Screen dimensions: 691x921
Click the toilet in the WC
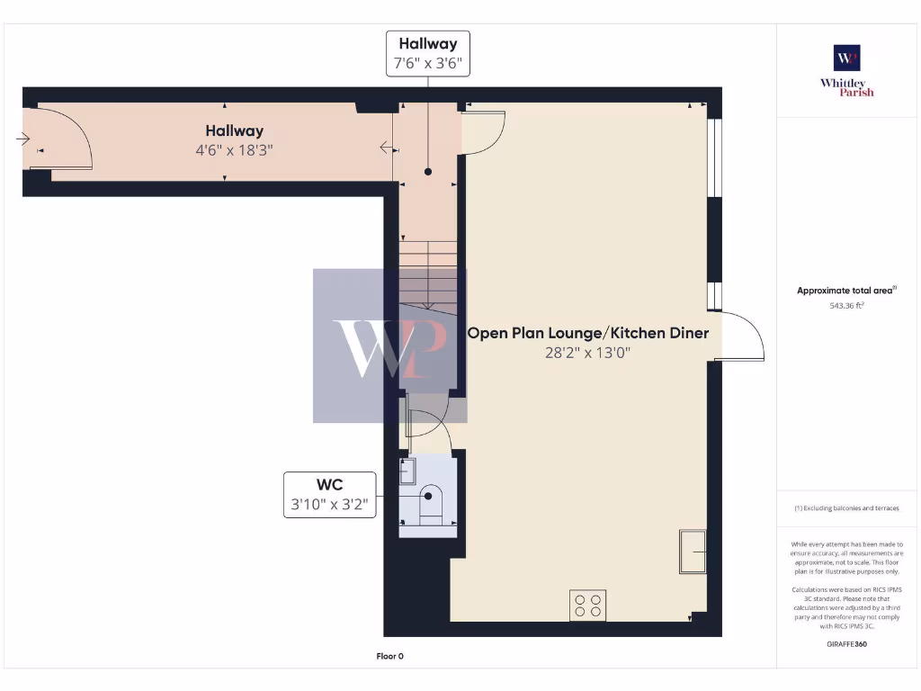point(431,504)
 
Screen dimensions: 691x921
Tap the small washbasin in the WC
point(407,471)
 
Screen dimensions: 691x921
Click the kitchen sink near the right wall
point(693,551)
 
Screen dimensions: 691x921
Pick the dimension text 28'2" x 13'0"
point(586,353)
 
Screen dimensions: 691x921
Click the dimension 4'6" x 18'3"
point(234,149)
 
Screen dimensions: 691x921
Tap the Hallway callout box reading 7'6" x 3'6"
point(428,54)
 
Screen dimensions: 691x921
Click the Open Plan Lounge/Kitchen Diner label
point(587,333)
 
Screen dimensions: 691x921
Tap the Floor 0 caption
point(389,656)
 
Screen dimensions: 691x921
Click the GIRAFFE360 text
point(846,644)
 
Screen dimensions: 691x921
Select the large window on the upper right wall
point(714,157)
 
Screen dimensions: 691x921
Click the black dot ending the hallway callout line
point(428,171)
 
